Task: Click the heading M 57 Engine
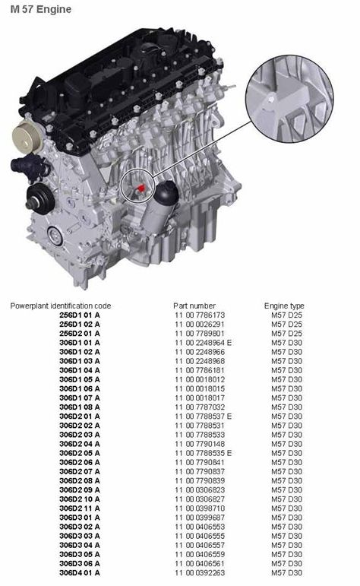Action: click(x=41, y=9)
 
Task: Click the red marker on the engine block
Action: click(x=141, y=188)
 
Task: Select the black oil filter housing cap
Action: click(x=166, y=193)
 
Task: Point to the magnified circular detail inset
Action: click(x=289, y=99)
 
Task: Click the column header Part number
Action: click(x=194, y=306)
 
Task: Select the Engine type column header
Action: click(x=284, y=306)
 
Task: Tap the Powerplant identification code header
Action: click(x=61, y=306)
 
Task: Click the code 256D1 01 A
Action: click(x=80, y=315)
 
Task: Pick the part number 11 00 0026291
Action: click(x=200, y=325)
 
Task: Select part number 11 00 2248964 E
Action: click(x=203, y=343)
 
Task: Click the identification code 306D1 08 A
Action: click(x=80, y=407)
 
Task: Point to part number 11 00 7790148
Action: click(x=200, y=444)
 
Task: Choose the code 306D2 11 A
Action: click(x=80, y=508)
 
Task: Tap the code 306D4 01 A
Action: click(x=80, y=572)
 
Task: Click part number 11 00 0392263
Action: click(x=200, y=572)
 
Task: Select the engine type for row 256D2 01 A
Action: click(x=286, y=334)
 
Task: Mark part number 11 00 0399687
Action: click(x=200, y=518)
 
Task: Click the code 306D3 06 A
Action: click(x=80, y=563)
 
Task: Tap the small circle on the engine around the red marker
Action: click(x=121, y=185)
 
